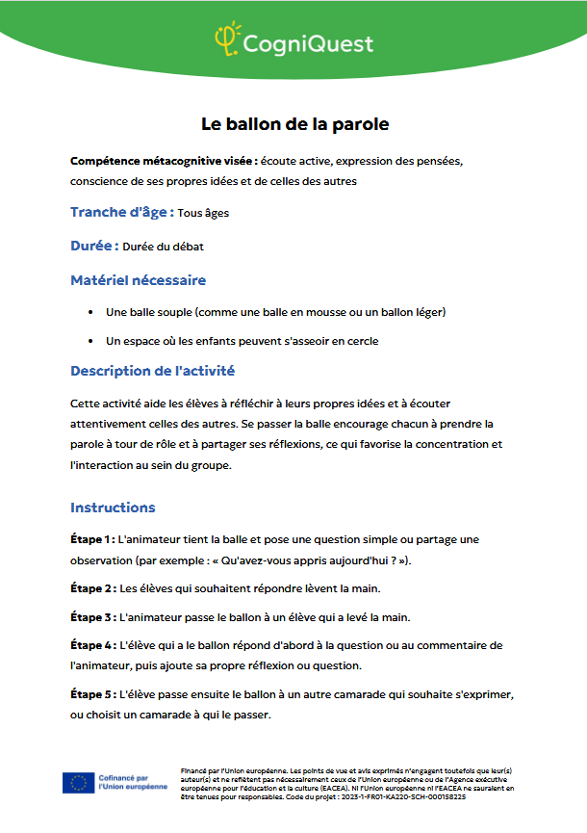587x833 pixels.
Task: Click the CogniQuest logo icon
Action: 227,39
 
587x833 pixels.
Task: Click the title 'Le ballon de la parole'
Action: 293,124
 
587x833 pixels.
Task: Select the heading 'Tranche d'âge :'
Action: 122,212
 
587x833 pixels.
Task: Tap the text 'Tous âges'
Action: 203,213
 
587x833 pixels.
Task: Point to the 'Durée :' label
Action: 94,246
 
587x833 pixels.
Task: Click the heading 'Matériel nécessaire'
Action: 138,280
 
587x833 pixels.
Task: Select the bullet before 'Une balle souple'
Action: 90,312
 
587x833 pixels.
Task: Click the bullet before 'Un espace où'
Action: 90,341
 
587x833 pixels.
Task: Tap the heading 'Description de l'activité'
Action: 152,371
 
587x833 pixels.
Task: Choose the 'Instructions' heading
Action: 113,508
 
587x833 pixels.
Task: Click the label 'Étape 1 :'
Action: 93,539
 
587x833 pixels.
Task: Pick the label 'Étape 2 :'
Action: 93,587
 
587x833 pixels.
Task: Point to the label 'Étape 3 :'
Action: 93,616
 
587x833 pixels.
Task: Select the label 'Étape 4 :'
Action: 93,645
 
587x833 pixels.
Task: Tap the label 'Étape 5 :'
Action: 93,693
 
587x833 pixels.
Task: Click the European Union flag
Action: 78,782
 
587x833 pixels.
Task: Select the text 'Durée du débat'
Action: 163,247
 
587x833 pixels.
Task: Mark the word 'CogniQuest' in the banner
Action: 308,42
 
